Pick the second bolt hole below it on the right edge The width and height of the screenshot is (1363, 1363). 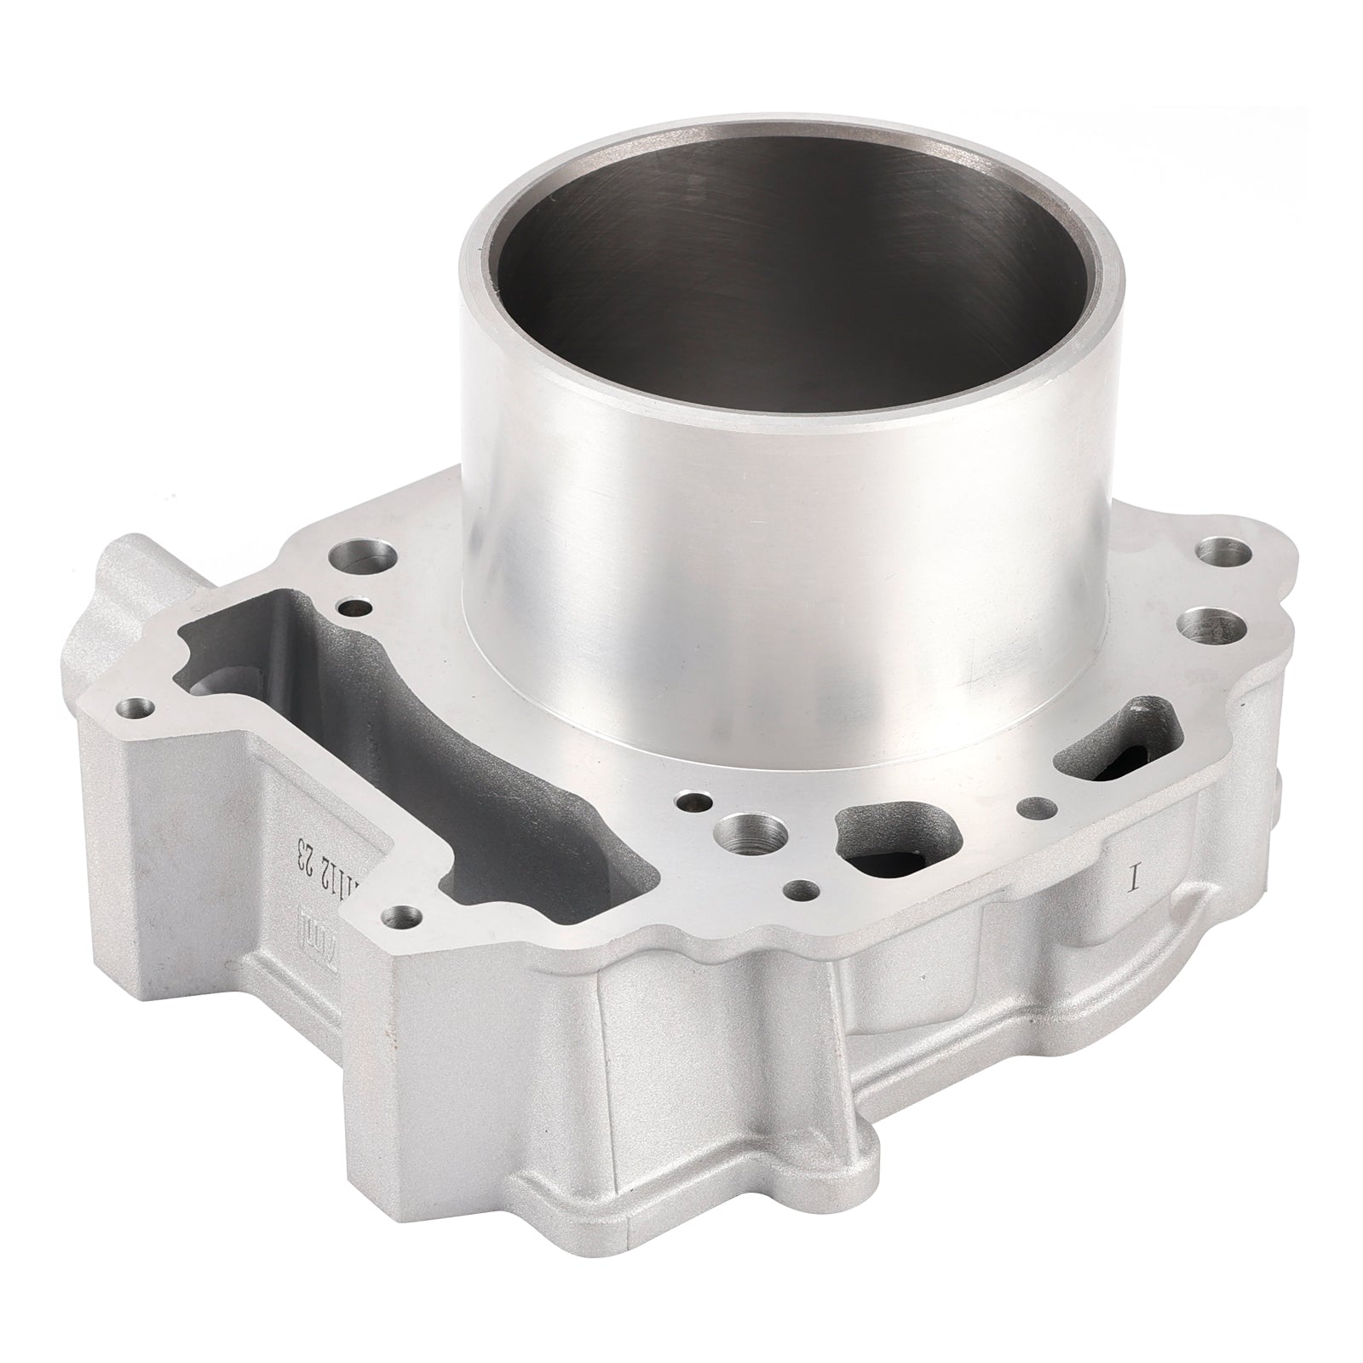click(x=1205, y=626)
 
